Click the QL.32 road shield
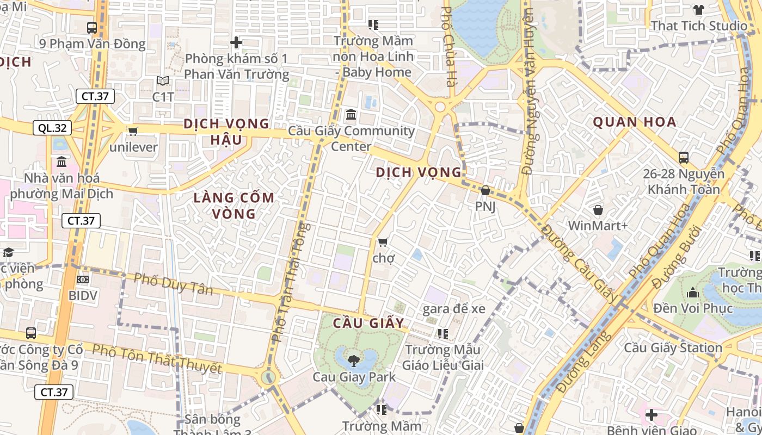[53, 128]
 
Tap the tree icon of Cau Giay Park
[354, 360]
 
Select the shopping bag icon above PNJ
[485, 191]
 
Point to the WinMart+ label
[598, 225]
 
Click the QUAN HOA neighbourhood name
[635, 122]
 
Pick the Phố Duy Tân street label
[173, 283]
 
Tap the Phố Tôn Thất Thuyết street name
[157, 359]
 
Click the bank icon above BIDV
[83, 279]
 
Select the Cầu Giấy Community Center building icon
[351, 115]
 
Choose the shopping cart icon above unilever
[133, 130]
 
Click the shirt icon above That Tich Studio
[699, 10]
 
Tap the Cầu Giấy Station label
[673, 347]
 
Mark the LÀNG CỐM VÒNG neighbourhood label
[234, 206]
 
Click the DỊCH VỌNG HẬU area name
[226, 132]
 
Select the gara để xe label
[454, 309]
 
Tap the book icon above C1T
[162, 81]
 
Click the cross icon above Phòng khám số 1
[236, 42]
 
